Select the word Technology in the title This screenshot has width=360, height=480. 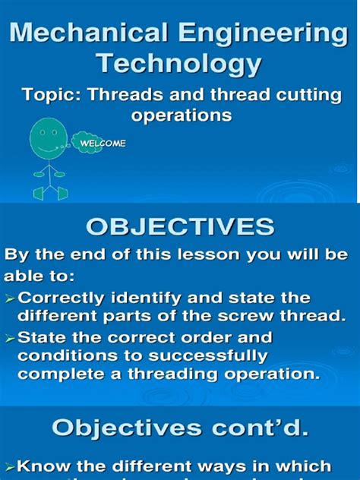point(180,64)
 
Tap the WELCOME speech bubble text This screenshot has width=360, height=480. point(103,143)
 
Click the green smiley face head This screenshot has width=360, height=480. point(49,136)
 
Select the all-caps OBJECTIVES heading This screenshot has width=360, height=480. point(180,228)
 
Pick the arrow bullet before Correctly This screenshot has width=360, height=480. point(10,298)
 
